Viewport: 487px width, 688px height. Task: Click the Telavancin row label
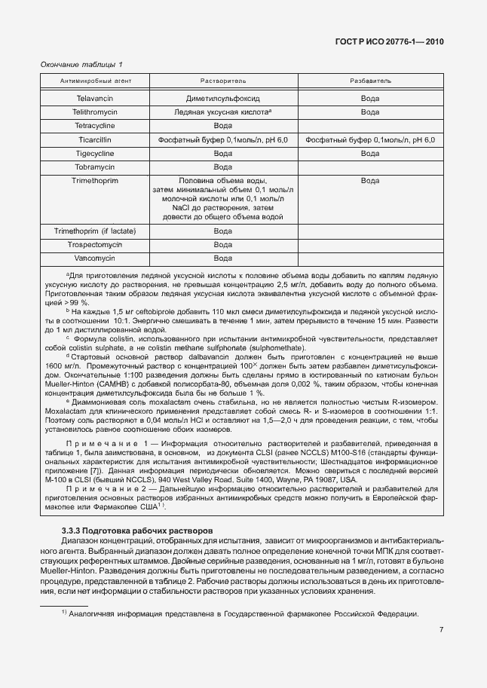(x=95, y=98)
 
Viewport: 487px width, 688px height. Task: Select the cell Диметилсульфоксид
(x=222, y=98)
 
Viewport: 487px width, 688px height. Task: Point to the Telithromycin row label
(x=95, y=112)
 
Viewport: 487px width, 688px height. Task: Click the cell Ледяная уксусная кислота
(x=221, y=112)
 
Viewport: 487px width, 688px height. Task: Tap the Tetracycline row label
(x=95, y=125)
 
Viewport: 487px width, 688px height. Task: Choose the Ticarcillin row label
(x=95, y=139)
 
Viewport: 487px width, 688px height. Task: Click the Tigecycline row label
(x=95, y=153)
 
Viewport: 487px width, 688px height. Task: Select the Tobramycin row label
(x=95, y=167)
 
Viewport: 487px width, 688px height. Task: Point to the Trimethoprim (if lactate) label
(x=95, y=231)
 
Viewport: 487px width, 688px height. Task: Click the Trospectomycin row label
(x=95, y=244)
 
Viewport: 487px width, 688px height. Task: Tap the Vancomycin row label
(x=95, y=258)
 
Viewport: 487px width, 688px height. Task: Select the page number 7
(x=442, y=628)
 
